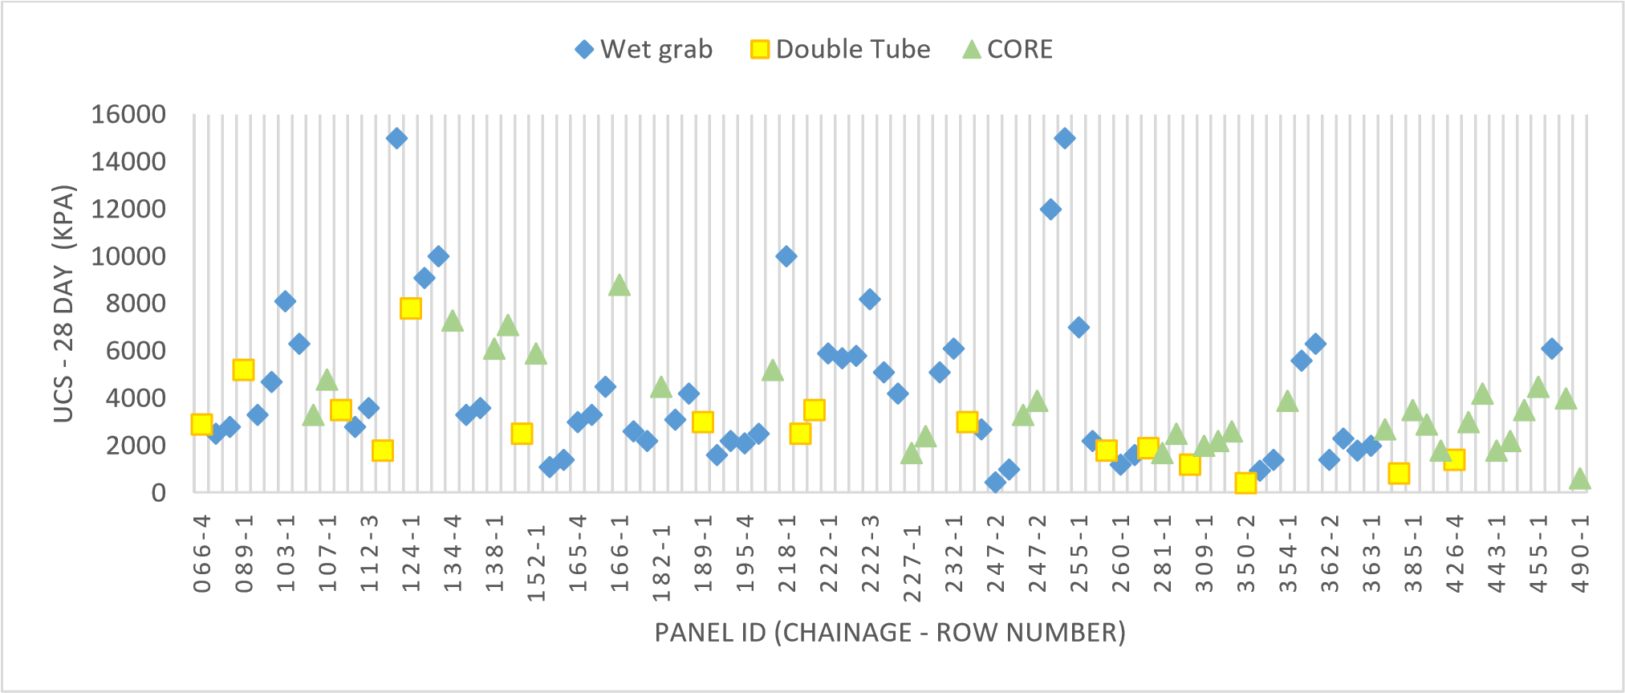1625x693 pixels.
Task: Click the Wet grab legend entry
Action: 644,50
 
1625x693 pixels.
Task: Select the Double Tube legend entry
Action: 840,50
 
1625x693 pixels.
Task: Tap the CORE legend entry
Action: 1007,50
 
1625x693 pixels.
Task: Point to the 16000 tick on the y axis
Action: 128,114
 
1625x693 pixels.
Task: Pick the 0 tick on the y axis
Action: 158,492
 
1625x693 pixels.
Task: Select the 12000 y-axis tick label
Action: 128,209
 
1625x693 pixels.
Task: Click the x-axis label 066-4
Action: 202,554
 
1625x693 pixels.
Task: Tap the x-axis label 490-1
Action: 1580,554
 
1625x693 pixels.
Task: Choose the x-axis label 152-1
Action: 536,562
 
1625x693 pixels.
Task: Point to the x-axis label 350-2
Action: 1245,554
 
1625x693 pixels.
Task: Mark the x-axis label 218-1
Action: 786,554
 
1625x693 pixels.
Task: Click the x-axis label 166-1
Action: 620,554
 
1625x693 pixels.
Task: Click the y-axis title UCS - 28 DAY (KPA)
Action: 63,304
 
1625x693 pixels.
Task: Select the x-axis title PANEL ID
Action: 890,633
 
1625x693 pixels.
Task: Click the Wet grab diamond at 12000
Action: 1050,210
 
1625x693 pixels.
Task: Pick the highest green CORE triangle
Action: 619,285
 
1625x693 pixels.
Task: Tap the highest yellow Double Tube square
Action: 410,308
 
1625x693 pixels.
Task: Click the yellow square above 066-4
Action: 201,424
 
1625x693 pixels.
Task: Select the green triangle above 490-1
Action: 1580,479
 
